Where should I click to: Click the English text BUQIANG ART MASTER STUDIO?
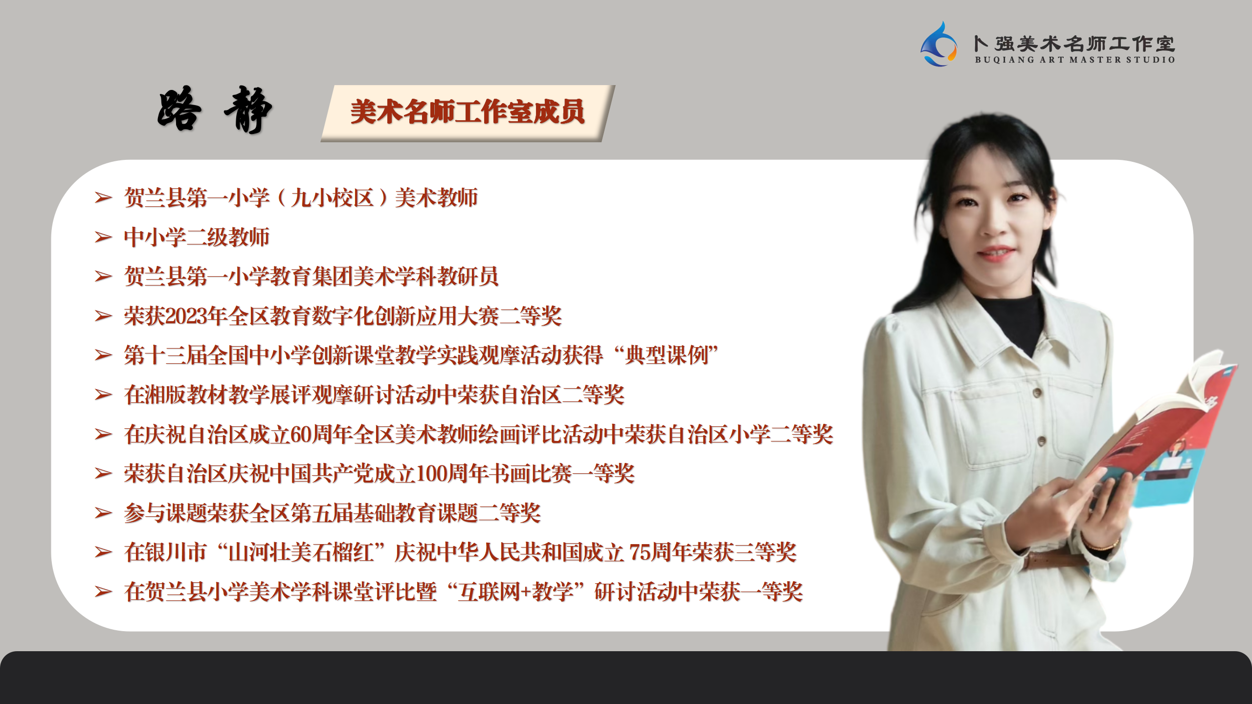tap(1074, 60)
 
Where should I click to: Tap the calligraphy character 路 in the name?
tap(179, 109)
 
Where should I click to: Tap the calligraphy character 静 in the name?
tap(247, 110)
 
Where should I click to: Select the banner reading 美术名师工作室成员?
tap(468, 113)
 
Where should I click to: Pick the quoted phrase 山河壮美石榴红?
tap(301, 552)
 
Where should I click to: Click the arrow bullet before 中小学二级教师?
tap(103, 237)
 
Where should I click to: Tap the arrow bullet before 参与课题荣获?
tap(103, 513)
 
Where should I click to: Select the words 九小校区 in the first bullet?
tap(332, 198)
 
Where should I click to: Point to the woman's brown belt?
tap(1051, 560)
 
